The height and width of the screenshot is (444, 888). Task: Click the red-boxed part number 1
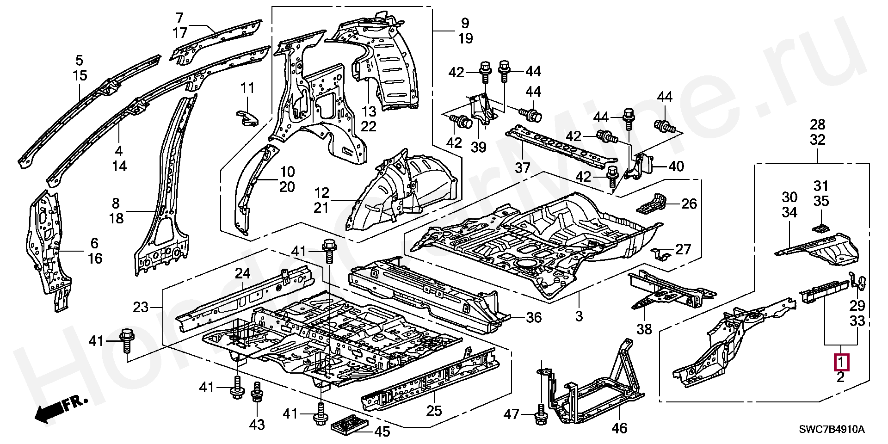(841, 362)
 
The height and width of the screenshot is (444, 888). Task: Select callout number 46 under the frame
(620, 428)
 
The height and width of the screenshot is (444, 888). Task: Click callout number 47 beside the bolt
(512, 414)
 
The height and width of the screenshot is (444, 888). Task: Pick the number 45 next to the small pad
(382, 432)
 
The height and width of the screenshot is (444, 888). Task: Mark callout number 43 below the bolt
(257, 424)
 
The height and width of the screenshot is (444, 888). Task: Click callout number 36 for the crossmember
(534, 317)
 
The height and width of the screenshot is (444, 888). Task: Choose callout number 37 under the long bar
(522, 167)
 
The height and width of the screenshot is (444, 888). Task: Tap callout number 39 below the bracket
(479, 147)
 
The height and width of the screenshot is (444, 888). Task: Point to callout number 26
(689, 203)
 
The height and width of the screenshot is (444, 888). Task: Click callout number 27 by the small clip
(683, 250)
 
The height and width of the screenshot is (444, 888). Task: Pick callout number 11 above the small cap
(248, 88)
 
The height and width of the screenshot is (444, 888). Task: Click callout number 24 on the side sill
(242, 273)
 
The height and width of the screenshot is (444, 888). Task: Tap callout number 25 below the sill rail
(434, 410)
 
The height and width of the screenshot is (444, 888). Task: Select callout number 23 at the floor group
(141, 307)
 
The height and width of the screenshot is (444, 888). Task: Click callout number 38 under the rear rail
(644, 329)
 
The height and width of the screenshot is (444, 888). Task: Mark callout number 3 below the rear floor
(579, 316)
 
